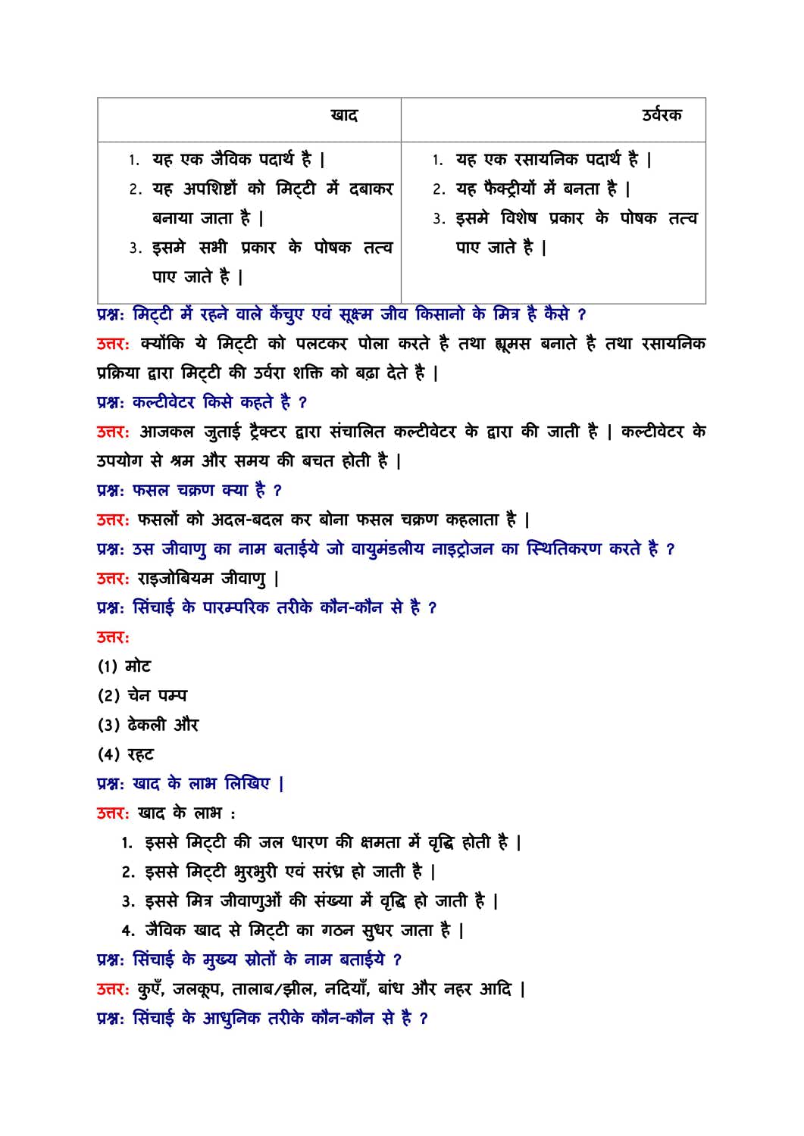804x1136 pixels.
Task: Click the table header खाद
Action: (344, 115)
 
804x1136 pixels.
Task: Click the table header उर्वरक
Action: (662, 115)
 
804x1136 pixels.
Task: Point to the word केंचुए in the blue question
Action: (287, 314)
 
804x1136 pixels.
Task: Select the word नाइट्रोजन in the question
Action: (462, 549)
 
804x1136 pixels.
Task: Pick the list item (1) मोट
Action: (124, 666)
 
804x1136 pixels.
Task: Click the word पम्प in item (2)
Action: (173, 695)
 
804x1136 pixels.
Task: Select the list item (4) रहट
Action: (126, 754)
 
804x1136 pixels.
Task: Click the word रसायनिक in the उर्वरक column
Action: (545, 159)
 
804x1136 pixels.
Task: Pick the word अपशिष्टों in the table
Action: (211, 189)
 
